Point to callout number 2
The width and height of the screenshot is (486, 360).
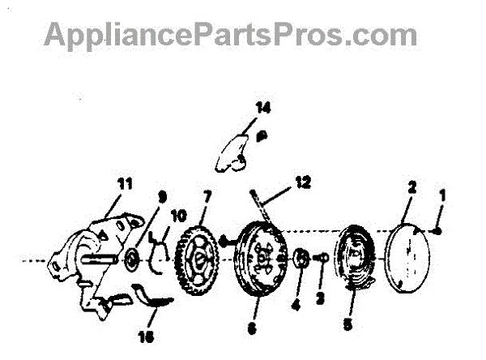(411, 188)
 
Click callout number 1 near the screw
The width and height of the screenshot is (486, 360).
(442, 195)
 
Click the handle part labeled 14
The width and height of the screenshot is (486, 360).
(236, 152)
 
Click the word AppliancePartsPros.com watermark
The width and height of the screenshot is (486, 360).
(231, 35)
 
